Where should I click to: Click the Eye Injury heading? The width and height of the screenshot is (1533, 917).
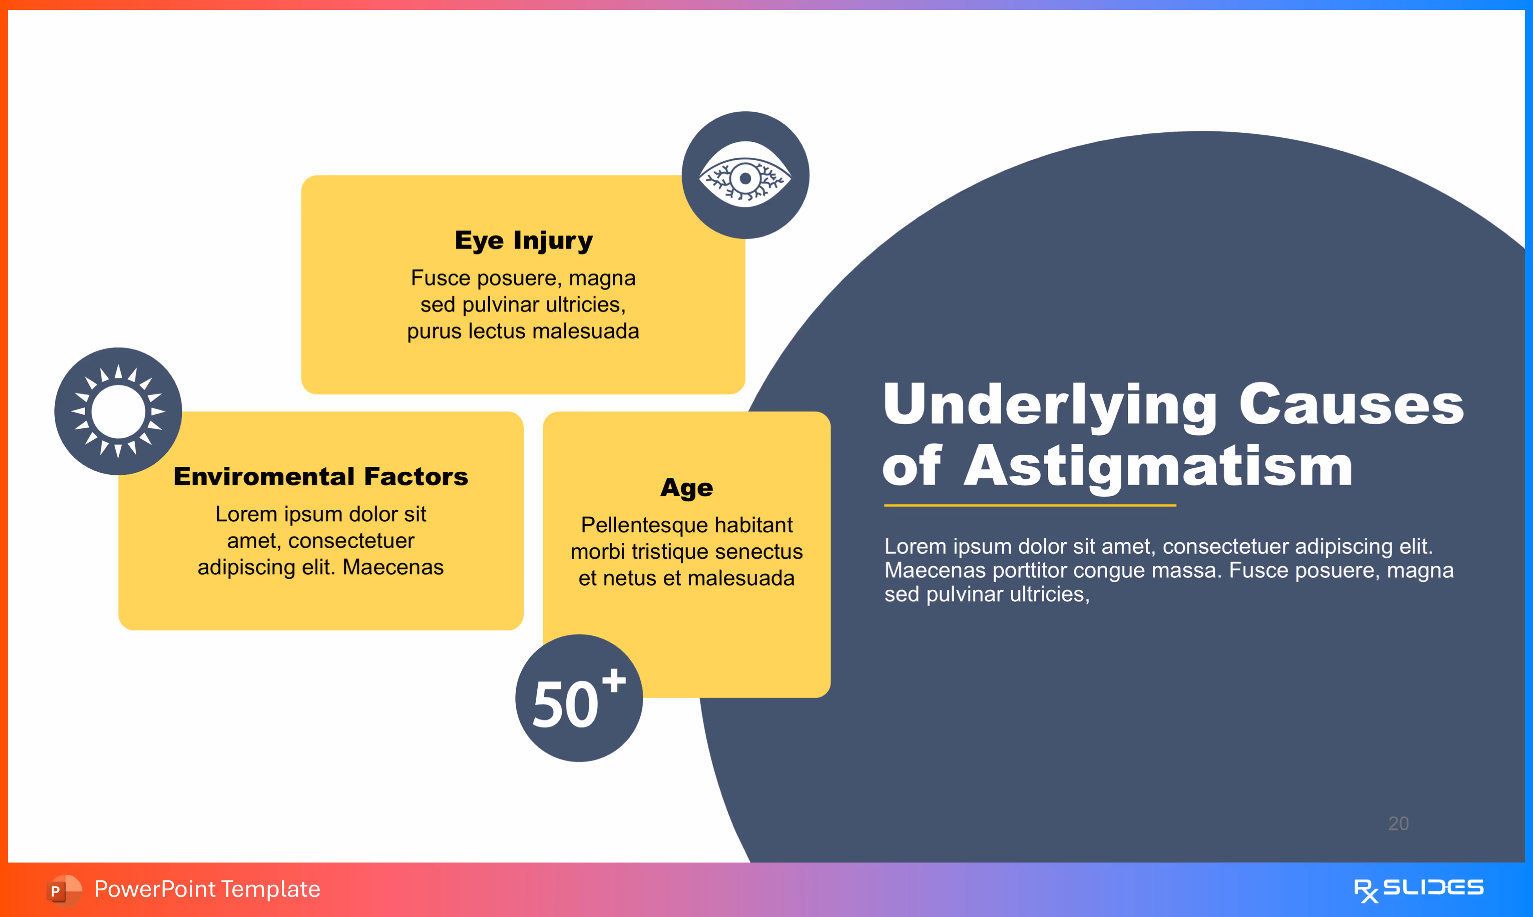[524, 240]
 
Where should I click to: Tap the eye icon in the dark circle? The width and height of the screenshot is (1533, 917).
[746, 177]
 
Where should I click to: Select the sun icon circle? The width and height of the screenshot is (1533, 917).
[118, 411]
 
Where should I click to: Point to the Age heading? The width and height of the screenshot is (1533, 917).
[687, 488]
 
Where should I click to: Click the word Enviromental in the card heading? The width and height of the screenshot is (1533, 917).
[264, 477]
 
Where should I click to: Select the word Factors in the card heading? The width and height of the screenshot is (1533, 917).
[416, 477]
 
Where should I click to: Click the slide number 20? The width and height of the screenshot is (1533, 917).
[1398, 823]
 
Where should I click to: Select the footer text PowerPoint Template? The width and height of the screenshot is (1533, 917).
[207, 889]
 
